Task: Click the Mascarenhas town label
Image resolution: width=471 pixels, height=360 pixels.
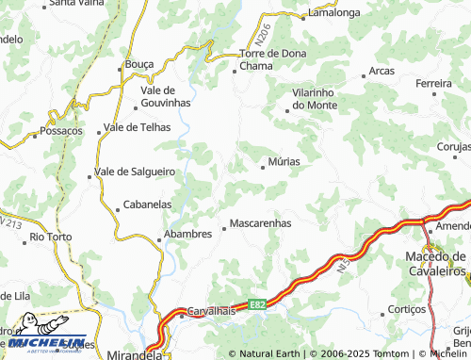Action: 260,224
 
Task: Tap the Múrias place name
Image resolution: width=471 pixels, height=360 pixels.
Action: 284,161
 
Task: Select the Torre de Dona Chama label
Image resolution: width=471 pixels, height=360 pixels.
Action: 272,59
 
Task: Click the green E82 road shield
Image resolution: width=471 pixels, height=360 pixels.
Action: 256,304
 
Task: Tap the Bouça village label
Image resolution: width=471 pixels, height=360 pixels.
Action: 139,65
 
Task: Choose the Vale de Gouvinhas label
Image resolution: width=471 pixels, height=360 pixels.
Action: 165,95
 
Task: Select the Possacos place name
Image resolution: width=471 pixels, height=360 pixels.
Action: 61,132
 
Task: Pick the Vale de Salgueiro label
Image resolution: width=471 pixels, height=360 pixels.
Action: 136,172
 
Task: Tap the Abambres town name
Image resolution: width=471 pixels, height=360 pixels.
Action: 187,235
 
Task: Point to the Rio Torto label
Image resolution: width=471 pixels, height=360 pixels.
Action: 51,237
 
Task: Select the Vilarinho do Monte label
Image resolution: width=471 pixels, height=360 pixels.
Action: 314,99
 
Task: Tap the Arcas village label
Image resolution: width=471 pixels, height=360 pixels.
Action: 382,71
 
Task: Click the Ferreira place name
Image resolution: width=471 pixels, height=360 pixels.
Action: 434,84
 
